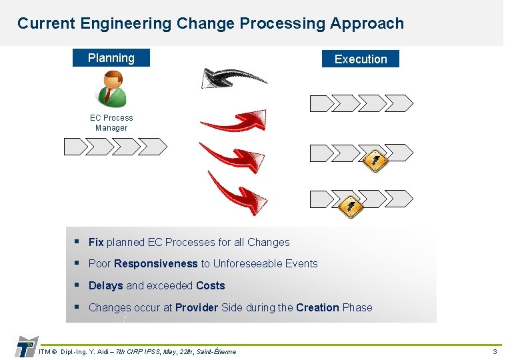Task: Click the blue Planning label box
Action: [111, 58]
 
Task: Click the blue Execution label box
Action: [360, 59]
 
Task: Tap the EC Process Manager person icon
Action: [111, 89]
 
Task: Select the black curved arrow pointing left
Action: [233, 77]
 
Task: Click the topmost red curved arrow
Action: [233, 121]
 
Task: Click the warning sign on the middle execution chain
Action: [375, 159]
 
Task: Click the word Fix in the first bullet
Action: [96, 243]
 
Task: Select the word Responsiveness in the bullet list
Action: [156, 264]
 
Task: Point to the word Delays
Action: [105, 286]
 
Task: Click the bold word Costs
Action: [210, 286]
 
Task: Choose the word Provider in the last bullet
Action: [197, 308]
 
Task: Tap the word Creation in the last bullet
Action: [317, 308]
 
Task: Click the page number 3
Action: [495, 351]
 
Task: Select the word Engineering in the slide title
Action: [125, 23]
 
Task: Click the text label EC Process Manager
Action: [111, 123]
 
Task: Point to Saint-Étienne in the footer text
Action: [216, 351]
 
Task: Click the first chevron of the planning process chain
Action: [75, 146]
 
